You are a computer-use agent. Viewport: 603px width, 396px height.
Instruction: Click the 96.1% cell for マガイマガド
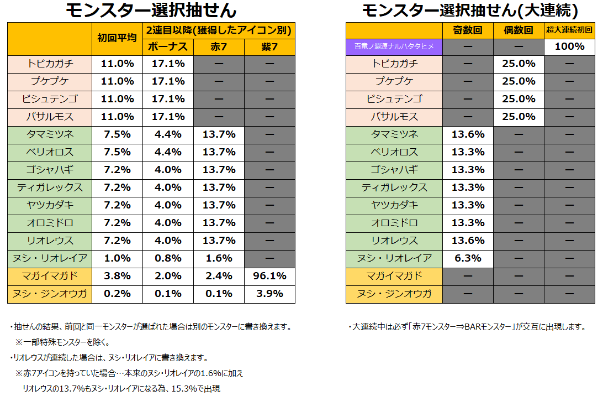(x=269, y=277)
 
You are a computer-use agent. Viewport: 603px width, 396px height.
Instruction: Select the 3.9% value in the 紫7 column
(x=269, y=294)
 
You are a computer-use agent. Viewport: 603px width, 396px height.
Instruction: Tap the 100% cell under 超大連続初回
(x=569, y=46)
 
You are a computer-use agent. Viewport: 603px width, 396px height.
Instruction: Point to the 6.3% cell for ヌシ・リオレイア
(x=468, y=258)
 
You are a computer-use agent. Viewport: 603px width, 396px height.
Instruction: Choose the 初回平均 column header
(x=117, y=38)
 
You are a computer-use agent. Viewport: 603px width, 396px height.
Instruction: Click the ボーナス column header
(x=168, y=47)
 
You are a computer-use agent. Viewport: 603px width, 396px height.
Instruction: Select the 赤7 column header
(x=219, y=47)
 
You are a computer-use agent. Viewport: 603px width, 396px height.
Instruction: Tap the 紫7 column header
(x=269, y=47)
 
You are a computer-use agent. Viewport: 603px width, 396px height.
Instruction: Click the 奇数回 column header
(x=468, y=30)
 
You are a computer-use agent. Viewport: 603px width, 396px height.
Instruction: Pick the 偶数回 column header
(x=519, y=30)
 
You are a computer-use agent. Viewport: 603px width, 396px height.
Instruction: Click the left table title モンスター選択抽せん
(x=151, y=11)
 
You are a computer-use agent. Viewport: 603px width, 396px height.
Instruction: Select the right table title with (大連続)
(x=470, y=11)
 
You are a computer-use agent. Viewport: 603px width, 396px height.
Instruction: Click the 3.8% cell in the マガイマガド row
(x=117, y=277)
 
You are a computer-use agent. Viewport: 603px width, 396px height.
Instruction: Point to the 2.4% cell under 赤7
(x=219, y=277)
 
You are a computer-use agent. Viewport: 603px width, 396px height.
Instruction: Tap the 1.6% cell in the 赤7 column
(x=219, y=258)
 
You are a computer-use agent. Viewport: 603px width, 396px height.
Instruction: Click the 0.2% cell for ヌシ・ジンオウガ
(x=117, y=294)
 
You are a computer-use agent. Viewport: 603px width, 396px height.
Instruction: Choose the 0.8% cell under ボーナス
(x=168, y=258)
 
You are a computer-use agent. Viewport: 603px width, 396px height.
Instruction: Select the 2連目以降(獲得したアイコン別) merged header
(x=219, y=30)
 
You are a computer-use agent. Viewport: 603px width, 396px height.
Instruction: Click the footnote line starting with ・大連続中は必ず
(x=467, y=327)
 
